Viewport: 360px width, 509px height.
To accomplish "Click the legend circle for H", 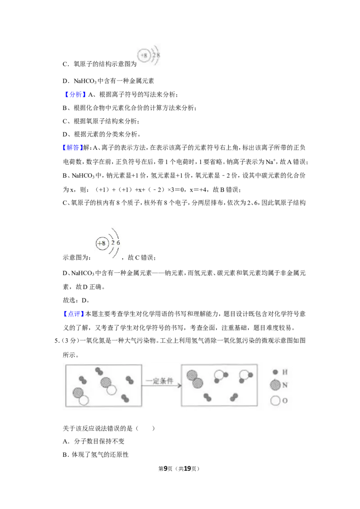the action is pos(275,372).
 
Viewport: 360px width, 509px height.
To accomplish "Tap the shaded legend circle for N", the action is pos(275,385).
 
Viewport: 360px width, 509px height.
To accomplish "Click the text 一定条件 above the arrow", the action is pos(159,381).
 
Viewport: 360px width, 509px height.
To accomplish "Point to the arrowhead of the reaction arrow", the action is pos(179,386).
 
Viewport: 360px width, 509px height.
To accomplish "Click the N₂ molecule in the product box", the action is pos(195,380).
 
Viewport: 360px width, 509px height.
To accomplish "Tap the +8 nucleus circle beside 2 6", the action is pos(102,243).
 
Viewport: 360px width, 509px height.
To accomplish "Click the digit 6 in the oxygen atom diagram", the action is pos(118,242).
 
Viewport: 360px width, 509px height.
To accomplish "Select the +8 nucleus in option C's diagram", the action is pos(143,55).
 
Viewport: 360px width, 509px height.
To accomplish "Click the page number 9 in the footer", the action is pos(166,469).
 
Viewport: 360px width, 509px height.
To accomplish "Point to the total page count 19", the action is pos(187,469).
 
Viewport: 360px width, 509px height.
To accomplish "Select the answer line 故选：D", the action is pos(76,300).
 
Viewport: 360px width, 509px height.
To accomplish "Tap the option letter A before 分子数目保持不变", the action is pos(65,441).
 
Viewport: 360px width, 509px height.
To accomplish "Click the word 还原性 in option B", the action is pos(120,455).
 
